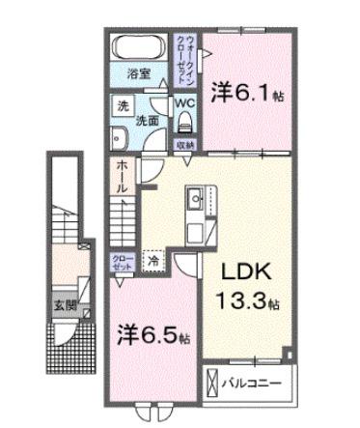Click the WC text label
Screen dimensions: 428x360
pos(184,100)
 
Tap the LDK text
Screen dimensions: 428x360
pos(243,271)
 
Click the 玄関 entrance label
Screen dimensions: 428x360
pos(66,310)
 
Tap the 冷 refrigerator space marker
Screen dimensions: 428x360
pos(152,259)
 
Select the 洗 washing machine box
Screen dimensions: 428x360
pos(123,106)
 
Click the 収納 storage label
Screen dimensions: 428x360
pos(184,144)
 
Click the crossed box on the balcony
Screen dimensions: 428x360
pos(210,385)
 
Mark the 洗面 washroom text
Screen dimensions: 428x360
pos(147,121)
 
